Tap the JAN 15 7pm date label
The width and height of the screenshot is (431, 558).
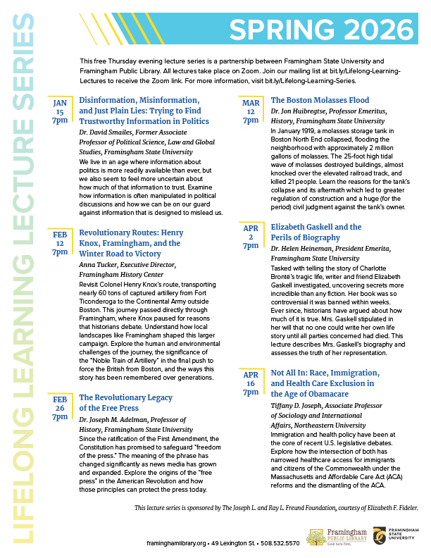pos(60,111)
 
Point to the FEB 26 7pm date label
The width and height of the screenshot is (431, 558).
pos(60,408)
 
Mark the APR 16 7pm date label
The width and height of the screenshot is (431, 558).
pos(251,381)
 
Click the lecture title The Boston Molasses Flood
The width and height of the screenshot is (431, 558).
pos(320,100)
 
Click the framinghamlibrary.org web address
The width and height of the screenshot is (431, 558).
pos(177,543)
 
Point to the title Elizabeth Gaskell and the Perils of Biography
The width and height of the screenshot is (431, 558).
pos(316,232)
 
